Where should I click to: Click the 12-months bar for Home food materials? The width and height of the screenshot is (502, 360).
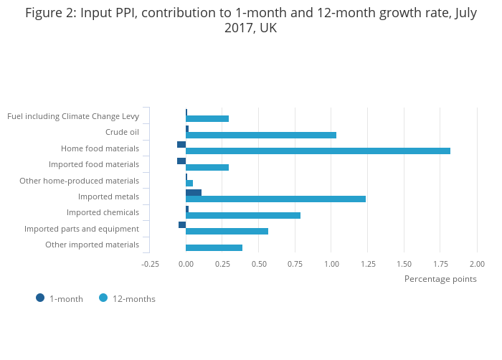(x=318, y=151)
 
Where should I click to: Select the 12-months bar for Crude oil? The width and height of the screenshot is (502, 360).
(x=261, y=135)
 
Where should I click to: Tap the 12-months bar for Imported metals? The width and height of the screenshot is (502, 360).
(x=275, y=199)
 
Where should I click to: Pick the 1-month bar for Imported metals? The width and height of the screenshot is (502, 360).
(x=194, y=192)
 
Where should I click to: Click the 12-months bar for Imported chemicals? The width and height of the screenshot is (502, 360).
(x=243, y=215)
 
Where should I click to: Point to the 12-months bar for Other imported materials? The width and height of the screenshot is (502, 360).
(x=214, y=247)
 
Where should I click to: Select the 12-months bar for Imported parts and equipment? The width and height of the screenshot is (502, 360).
(x=227, y=231)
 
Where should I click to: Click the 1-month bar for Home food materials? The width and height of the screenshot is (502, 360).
(x=181, y=144)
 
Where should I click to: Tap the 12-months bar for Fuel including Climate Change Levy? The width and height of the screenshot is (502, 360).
(x=207, y=118)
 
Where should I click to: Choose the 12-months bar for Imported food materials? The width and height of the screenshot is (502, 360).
(x=207, y=167)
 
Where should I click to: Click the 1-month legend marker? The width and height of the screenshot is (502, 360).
(x=40, y=298)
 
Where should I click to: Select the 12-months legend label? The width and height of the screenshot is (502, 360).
(x=133, y=299)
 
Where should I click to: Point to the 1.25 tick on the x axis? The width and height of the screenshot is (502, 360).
(x=368, y=264)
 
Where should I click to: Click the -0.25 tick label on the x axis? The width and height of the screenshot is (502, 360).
(x=150, y=264)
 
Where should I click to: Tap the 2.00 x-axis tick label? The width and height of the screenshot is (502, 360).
(x=477, y=264)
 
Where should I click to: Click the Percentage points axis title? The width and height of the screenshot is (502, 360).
(x=440, y=279)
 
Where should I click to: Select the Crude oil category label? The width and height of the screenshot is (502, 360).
(x=122, y=132)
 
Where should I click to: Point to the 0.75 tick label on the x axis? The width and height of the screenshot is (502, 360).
(x=295, y=264)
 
